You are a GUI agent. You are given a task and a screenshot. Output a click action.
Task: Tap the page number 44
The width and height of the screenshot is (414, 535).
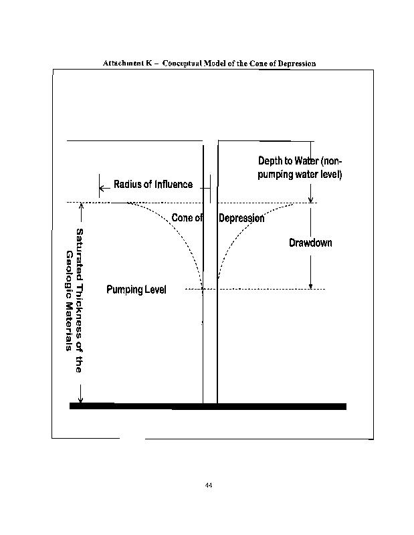coord(209,485)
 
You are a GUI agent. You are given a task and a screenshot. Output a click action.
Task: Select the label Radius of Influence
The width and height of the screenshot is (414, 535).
coord(153,185)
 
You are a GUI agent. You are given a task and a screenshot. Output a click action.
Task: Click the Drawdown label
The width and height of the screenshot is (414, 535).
coord(310,243)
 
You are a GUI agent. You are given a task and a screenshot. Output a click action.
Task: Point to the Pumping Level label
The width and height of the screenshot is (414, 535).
coord(136,290)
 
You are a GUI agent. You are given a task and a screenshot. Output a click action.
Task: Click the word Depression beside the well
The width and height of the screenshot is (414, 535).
coord(241,218)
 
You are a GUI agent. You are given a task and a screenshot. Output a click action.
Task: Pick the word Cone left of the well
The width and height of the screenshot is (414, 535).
coord(183,217)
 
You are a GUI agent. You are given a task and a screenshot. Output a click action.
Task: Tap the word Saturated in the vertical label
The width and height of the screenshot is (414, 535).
coord(79,251)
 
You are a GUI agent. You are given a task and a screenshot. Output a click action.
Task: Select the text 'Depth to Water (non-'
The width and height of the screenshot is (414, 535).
coord(300,160)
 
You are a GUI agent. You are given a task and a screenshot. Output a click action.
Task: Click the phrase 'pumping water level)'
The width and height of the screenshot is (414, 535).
coord(300,175)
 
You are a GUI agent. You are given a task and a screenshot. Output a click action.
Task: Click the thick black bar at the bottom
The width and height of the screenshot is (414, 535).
coord(208,406)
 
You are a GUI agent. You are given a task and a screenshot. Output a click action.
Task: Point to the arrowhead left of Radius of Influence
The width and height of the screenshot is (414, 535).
coord(102,188)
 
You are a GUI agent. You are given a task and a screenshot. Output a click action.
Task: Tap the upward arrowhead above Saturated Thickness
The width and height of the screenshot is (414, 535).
coord(81,205)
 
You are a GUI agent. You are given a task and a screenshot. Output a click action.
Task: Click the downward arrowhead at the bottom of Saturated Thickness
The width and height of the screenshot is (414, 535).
coord(81,399)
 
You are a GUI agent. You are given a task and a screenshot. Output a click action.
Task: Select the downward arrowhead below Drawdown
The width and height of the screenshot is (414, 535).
coord(310,286)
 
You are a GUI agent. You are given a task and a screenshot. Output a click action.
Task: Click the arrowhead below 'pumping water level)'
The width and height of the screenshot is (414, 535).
coord(310,199)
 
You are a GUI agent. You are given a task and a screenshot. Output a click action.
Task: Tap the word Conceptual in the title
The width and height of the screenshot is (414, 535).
coord(182,64)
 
